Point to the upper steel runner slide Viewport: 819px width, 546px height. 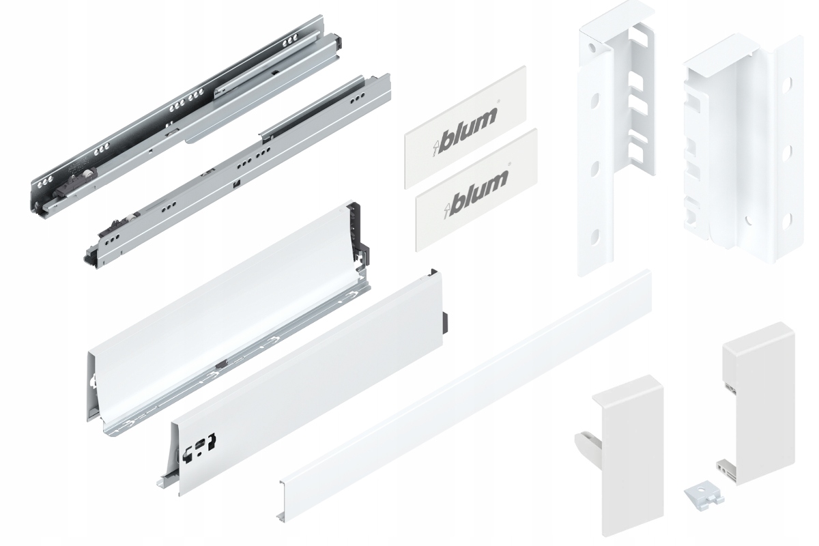(184, 116)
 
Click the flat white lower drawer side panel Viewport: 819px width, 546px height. (307, 382)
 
